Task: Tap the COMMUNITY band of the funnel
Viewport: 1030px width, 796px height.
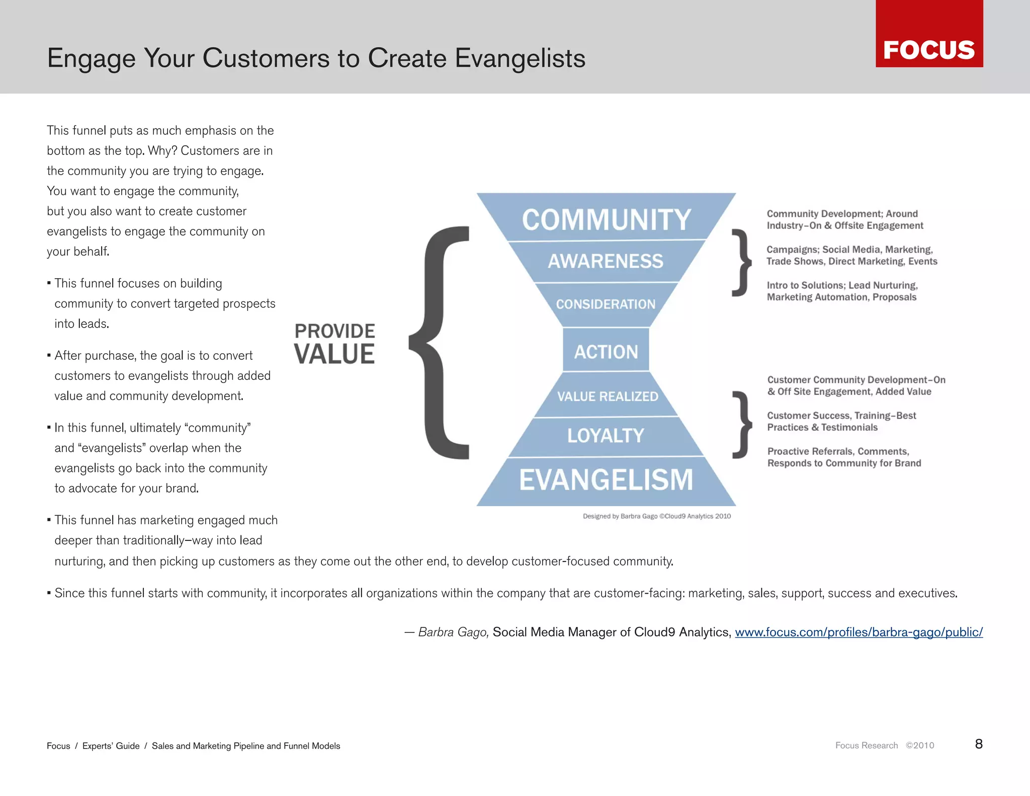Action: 606,219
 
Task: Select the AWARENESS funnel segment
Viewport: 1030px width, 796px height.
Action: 606,261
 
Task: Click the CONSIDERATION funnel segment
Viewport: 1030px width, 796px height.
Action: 606,304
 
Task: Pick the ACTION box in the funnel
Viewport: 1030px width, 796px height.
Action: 606,351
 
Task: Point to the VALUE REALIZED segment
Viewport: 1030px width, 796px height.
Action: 607,396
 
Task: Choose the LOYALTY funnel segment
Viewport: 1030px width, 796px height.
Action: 606,435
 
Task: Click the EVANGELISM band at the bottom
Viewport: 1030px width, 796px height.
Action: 606,480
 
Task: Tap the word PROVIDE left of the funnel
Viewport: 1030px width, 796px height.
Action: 334,331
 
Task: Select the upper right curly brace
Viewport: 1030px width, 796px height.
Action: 741,263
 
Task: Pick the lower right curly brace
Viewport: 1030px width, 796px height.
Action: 741,425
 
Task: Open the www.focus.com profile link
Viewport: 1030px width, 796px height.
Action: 859,632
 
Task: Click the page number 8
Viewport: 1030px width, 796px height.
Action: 978,744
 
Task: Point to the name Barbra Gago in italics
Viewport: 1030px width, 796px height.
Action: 453,632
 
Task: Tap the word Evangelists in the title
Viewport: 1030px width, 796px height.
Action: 520,58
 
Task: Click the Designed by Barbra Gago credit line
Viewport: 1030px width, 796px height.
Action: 656,516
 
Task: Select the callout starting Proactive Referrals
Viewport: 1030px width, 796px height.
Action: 843,457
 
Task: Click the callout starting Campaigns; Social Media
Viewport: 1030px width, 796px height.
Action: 851,255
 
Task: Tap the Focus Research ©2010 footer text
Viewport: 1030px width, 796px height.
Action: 884,745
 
